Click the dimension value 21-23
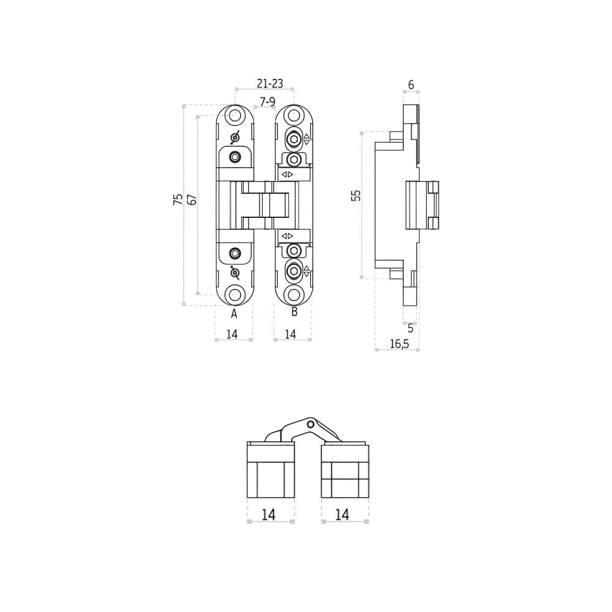(270, 83)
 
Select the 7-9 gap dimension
(267, 102)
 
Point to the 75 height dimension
(178, 199)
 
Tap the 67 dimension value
(192, 199)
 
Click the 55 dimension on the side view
(356, 195)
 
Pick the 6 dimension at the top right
(411, 84)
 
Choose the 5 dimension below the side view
(410, 328)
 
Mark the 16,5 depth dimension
(399, 343)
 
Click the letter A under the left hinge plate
(234, 313)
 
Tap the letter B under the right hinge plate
(294, 312)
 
